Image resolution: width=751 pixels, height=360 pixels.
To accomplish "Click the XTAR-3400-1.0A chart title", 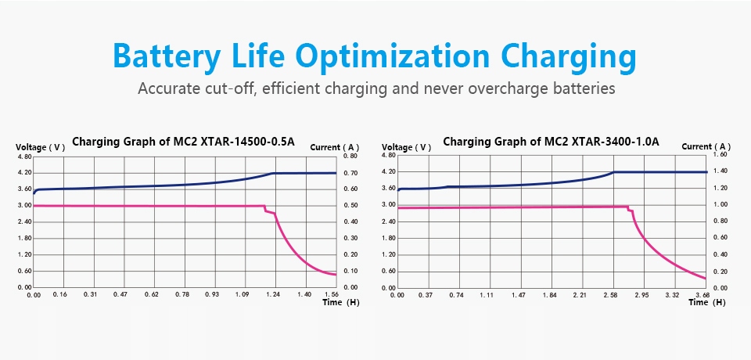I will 551,142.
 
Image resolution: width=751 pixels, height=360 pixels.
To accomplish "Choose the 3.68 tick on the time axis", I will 702,295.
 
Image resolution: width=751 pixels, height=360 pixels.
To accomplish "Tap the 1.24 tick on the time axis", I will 272,294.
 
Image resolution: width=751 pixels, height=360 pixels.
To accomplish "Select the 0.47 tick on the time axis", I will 120,294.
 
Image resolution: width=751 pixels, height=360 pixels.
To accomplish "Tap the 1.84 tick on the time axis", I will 549,295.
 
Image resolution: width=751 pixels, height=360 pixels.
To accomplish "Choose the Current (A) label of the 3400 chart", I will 706,146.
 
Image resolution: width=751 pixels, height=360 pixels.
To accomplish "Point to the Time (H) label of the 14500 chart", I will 342,303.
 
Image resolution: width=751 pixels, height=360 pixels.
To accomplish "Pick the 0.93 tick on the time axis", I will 211,294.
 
